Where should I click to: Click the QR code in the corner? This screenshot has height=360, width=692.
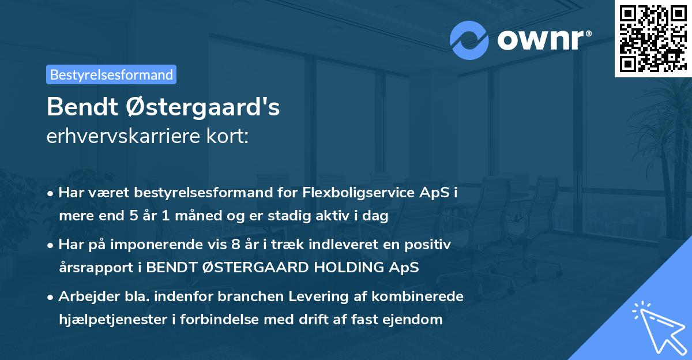click(x=653, y=39)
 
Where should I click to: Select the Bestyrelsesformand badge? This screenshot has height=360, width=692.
click(x=111, y=74)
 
